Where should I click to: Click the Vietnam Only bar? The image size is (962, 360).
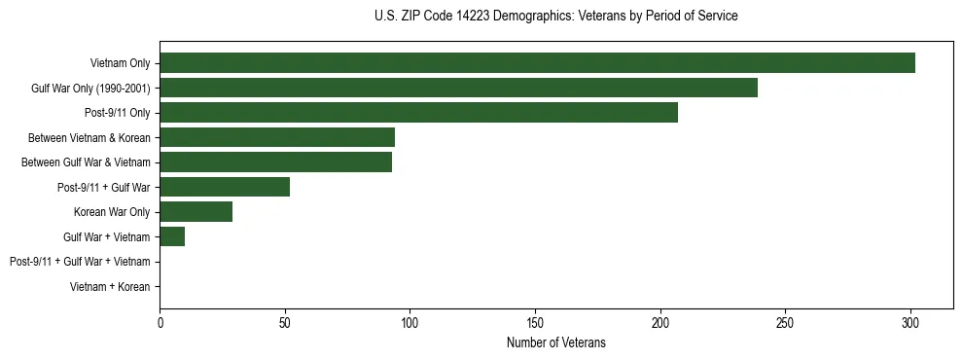click(537, 63)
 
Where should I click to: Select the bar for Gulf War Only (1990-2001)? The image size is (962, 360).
click(458, 89)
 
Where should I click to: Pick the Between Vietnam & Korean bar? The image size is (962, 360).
click(277, 137)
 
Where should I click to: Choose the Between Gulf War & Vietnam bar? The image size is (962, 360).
click(275, 162)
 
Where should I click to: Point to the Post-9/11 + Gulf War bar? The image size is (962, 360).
click(225, 187)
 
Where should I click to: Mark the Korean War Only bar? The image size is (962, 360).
click(196, 212)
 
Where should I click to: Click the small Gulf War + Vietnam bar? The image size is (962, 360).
click(172, 236)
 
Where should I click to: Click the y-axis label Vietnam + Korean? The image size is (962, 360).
click(110, 287)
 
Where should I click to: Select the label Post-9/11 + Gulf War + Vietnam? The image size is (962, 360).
click(80, 262)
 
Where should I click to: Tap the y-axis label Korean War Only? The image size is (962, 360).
click(112, 212)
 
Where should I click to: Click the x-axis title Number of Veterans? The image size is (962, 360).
click(556, 342)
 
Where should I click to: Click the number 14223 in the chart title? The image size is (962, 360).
click(474, 17)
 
